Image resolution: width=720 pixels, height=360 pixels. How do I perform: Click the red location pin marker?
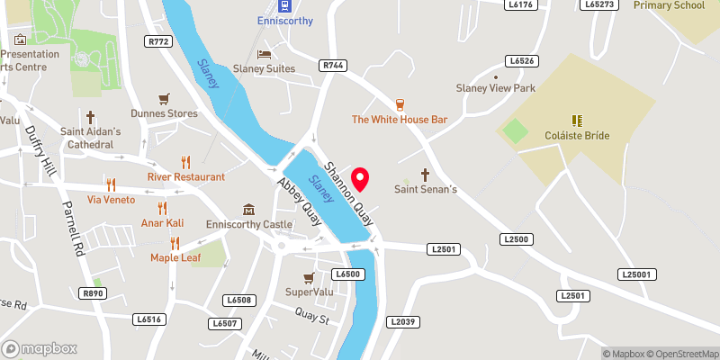(361, 178)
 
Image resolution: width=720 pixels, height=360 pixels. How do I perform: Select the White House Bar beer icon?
(400, 103)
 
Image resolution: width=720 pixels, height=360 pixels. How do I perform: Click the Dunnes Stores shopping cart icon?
(163, 98)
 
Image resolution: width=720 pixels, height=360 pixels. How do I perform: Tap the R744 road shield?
(332, 66)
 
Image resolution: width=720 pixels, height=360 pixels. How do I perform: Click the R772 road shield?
(159, 41)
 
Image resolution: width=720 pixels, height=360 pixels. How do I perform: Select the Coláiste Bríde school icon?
(577, 120)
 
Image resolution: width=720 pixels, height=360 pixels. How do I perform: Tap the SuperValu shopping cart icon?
(309, 277)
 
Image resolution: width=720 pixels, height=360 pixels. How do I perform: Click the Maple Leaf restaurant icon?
(175, 243)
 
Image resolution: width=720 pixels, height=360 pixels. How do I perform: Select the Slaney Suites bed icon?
(265, 53)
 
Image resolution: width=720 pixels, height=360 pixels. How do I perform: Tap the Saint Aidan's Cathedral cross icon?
(90, 117)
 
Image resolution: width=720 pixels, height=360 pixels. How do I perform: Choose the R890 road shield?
(92, 292)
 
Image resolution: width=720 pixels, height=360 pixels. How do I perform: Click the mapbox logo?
(39, 348)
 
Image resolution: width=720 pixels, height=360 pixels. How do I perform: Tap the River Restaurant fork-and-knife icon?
(186, 162)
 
